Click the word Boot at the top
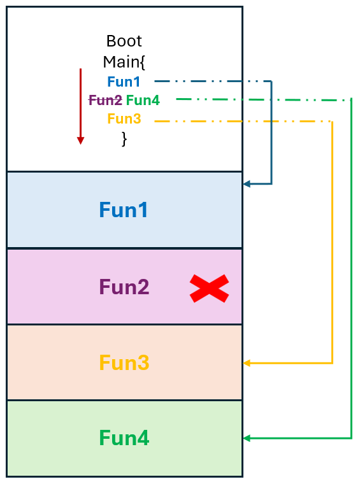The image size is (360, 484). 124,42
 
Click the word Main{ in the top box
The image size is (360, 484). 124,62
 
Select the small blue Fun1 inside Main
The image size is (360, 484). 124,82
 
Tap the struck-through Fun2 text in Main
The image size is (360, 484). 104,100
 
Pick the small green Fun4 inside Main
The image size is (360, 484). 143,100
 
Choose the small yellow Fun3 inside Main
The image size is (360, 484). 124,119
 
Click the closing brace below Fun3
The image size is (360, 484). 124,138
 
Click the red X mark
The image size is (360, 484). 209,288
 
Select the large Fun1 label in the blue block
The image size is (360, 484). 124,210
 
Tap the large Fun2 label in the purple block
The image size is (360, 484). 124,287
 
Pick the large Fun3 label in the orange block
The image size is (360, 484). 124,363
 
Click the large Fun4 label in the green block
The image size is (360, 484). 124,438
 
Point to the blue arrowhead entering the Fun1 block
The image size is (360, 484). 247,184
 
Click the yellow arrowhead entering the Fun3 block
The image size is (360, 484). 247,363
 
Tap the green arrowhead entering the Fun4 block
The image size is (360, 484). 247,438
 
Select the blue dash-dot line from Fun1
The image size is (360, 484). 210,82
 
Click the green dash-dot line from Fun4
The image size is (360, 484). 261,99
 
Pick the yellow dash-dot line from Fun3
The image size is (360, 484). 242,121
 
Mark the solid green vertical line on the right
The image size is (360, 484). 351,267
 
